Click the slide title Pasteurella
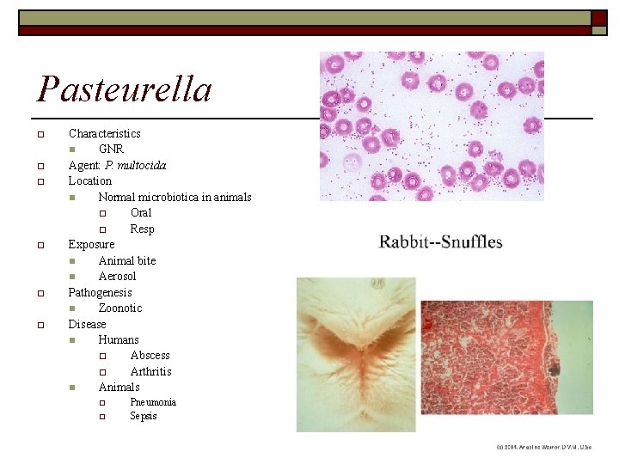[x=125, y=89]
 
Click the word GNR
[x=111, y=150]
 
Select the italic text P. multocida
[x=136, y=165]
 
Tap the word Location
[x=90, y=181]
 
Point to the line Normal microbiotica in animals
[x=175, y=197]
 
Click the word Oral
[x=141, y=213]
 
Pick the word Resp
[x=142, y=229]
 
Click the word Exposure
[x=91, y=245]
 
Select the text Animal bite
[x=127, y=260]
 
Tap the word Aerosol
[x=117, y=277]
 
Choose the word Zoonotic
[x=120, y=308]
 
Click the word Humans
[x=119, y=340]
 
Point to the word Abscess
[x=150, y=356]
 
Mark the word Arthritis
[x=150, y=371]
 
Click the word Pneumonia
[x=153, y=402]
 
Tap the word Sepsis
[x=144, y=417]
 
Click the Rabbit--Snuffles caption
[x=441, y=241]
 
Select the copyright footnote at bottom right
[x=543, y=448]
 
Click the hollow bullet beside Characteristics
[x=40, y=134]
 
